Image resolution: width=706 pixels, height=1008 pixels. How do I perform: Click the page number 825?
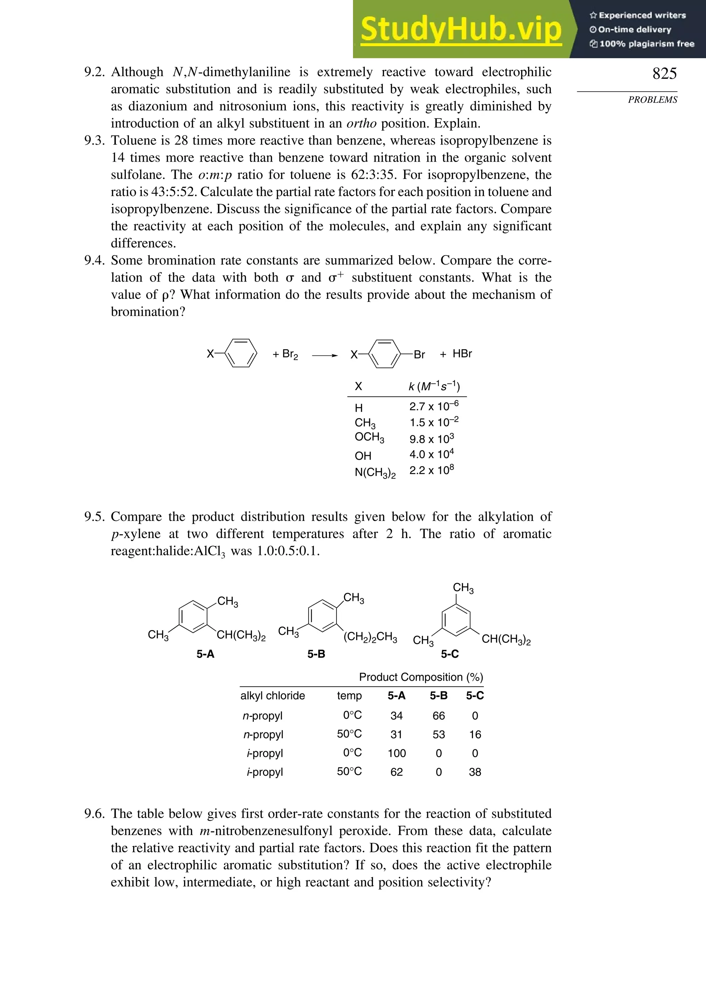pyautogui.click(x=664, y=73)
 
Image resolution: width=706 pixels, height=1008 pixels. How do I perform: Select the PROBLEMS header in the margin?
pyautogui.click(x=653, y=100)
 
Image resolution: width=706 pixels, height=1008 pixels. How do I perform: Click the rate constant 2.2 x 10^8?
pyautogui.click(x=431, y=470)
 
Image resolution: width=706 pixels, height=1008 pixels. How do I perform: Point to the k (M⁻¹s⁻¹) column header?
pyautogui.click(x=434, y=386)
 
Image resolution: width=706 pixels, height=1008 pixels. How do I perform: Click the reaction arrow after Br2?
pyautogui.click(x=325, y=355)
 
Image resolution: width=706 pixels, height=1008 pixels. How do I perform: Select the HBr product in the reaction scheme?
pyautogui.click(x=462, y=354)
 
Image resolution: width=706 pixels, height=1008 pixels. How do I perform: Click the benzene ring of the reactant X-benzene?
pyautogui.click(x=241, y=353)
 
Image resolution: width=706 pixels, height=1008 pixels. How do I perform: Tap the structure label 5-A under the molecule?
pyautogui.click(x=205, y=654)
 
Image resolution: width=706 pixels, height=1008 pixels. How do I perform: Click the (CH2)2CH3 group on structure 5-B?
pyautogui.click(x=370, y=637)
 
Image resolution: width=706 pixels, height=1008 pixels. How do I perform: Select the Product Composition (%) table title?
pyautogui.click(x=421, y=677)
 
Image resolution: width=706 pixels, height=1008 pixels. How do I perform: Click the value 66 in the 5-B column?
pyautogui.click(x=438, y=716)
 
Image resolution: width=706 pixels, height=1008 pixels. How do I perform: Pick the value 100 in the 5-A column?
pyautogui.click(x=396, y=753)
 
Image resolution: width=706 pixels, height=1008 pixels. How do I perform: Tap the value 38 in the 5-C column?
pyautogui.click(x=475, y=772)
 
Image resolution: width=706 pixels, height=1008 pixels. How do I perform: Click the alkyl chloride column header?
pyautogui.click(x=272, y=696)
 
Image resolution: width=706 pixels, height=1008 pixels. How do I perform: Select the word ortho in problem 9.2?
pyautogui.click(x=361, y=123)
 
